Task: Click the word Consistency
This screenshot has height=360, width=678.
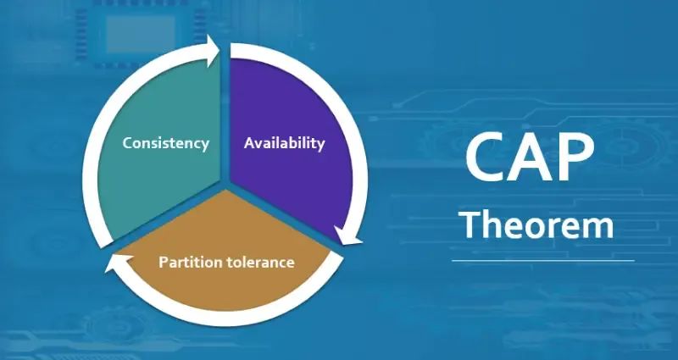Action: click(x=166, y=143)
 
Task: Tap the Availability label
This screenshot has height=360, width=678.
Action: click(x=284, y=143)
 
